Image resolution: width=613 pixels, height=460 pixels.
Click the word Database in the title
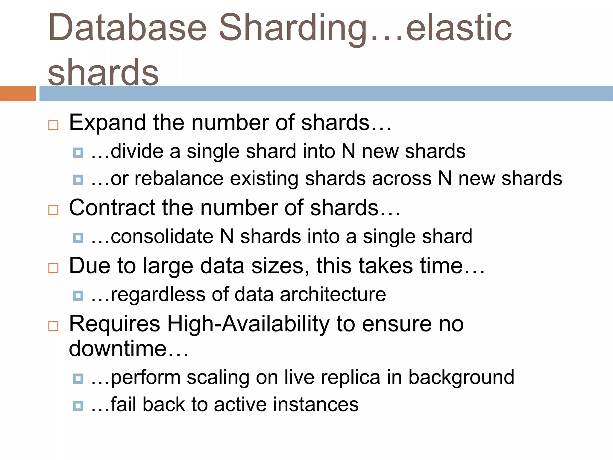pyautogui.click(x=127, y=28)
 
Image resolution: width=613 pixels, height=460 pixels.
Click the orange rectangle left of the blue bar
pyautogui.click(x=18, y=93)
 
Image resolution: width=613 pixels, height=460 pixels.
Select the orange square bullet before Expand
pyautogui.click(x=53, y=125)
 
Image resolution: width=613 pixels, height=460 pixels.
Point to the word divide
pyautogui.click(x=137, y=151)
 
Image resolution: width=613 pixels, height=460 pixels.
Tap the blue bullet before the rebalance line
pyautogui.click(x=78, y=180)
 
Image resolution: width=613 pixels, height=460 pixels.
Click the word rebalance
pyautogui.click(x=179, y=178)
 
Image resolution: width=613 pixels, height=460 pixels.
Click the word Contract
pyautogui.click(x=112, y=208)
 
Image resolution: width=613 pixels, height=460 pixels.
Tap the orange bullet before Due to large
pyautogui.click(x=53, y=268)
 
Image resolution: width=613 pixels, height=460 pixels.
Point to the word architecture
pyautogui.click(x=333, y=294)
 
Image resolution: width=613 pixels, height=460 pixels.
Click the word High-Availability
pyautogui.click(x=248, y=324)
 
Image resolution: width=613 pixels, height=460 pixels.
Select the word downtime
pyautogui.click(x=118, y=349)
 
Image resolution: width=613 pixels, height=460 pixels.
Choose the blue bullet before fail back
pyautogui.click(x=78, y=406)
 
